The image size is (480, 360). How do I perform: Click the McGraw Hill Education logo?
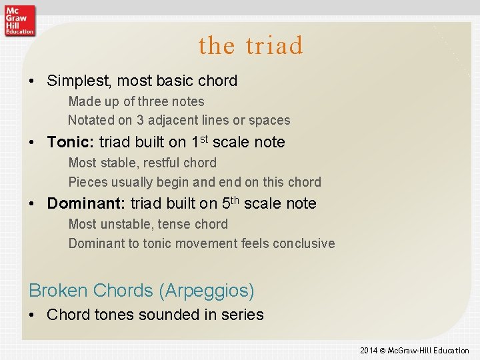19,19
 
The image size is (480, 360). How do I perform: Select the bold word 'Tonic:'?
70,142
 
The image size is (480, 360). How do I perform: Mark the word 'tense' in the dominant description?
175,224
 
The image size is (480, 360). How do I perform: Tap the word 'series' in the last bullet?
241,315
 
